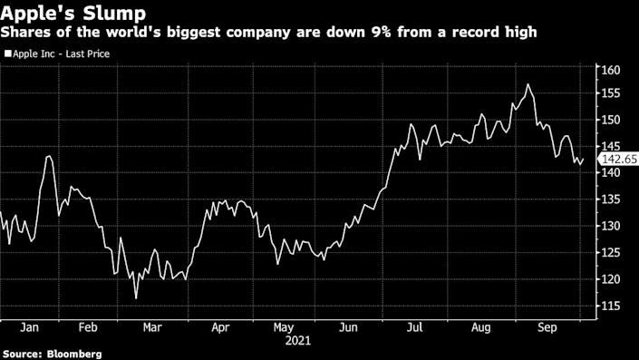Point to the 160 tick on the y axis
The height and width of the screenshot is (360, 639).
pyautogui.click(x=610, y=71)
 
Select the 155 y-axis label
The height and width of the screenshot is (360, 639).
pyautogui.click(x=610, y=93)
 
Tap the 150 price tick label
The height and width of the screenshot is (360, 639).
pyautogui.click(x=610, y=121)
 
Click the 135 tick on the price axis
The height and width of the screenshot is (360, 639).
pyautogui.click(x=610, y=199)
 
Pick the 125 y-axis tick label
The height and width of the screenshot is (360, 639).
pyautogui.click(x=610, y=253)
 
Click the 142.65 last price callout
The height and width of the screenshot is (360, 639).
pyautogui.click(x=619, y=160)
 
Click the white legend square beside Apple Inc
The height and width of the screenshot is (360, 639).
pyautogui.click(x=7, y=54)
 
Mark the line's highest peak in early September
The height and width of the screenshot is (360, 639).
pyautogui.click(x=528, y=84)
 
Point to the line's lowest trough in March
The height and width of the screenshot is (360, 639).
pyautogui.click(x=136, y=298)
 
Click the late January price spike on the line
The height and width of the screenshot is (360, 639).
pyautogui.click(x=48, y=157)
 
